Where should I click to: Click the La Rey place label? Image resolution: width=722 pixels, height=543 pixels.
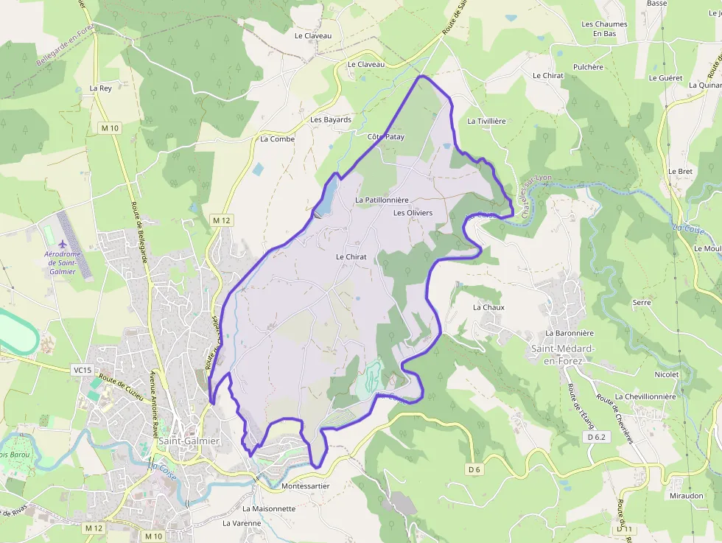click(100, 88)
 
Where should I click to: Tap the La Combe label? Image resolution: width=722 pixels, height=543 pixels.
click(277, 139)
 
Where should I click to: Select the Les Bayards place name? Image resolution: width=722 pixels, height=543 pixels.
click(331, 119)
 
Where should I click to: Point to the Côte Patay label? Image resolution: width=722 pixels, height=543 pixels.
click(386, 137)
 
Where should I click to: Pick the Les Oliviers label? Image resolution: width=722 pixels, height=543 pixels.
click(413, 213)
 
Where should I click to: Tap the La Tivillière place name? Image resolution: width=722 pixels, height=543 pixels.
click(486, 121)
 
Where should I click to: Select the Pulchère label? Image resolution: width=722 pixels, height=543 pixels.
click(588, 67)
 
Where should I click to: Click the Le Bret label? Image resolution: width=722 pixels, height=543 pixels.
click(680, 171)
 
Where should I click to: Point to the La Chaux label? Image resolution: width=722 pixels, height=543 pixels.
click(488, 307)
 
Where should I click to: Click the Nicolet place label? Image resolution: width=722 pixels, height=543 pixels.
click(666, 374)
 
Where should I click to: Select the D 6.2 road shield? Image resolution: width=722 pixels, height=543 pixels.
click(597, 437)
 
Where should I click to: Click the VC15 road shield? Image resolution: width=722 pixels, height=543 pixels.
click(83, 370)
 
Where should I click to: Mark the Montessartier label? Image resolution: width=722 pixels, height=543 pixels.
click(305, 486)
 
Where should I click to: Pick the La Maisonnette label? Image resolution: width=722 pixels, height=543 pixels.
click(269, 508)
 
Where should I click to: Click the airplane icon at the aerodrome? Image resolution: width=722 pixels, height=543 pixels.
click(62, 243)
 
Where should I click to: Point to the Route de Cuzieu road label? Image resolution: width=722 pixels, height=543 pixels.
click(120, 384)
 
